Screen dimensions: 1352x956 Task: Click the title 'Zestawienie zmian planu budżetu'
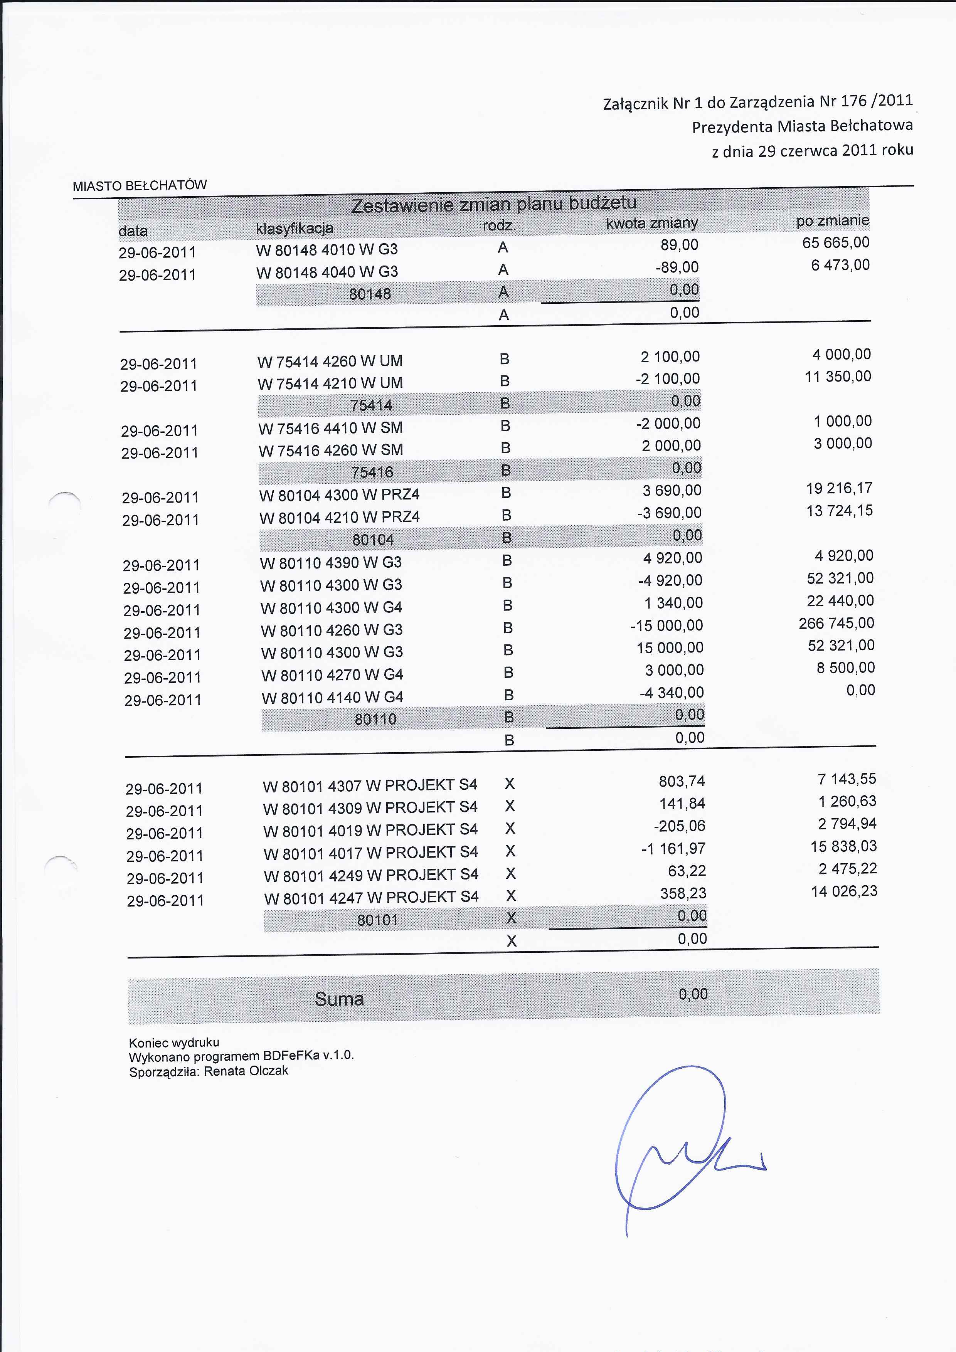click(493, 204)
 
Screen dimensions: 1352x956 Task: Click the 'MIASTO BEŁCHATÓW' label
click(140, 185)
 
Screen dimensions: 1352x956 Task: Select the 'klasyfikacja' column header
click(295, 228)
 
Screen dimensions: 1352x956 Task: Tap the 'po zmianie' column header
click(832, 221)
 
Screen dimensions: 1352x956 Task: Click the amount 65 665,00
click(835, 242)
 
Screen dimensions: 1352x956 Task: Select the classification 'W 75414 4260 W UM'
click(330, 360)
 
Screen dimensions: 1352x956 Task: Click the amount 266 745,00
click(836, 623)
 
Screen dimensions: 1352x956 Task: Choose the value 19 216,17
click(839, 488)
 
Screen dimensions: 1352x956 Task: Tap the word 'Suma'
click(339, 999)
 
